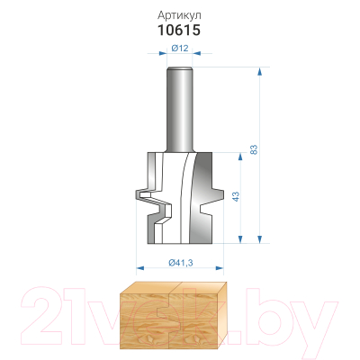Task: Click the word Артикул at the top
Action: (x=179, y=14)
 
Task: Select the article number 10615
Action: (x=179, y=31)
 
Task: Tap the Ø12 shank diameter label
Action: (x=180, y=48)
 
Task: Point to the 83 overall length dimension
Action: (x=254, y=149)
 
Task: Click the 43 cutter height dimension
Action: (x=236, y=197)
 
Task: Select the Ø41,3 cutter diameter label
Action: (x=181, y=263)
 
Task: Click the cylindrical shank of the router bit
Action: (x=179, y=110)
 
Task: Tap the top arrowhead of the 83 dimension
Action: (x=260, y=71)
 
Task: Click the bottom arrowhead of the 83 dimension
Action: (x=260, y=239)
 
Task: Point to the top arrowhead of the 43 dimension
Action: (x=240, y=157)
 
